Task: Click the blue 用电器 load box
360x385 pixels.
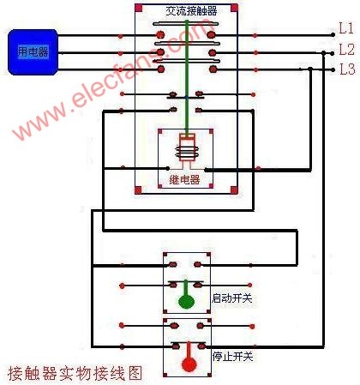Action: pyautogui.click(x=33, y=52)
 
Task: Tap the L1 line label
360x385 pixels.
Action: pyautogui.click(x=346, y=28)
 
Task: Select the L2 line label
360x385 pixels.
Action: pyautogui.click(x=347, y=50)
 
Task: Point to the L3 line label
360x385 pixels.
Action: pyautogui.click(x=347, y=69)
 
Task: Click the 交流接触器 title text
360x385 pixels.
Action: pyautogui.click(x=191, y=11)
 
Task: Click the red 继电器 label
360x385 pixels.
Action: pyautogui.click(x=184, y=180)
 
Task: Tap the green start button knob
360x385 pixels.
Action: pyautogui.click(x=186, y=301)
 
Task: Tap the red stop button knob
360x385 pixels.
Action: pyautogui.click(x=189, y=364)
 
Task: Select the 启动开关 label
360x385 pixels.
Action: pyautogui.click(x=231, y=298)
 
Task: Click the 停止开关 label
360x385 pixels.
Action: pyautogui.click(x=232, y=357)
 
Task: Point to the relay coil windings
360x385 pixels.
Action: pyautogui.click(x=187, y=152)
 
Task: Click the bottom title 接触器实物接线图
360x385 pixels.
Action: pyautogui.click(x=75, y=373)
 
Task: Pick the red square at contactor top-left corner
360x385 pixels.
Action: pyautogui.click(x=139, y=8)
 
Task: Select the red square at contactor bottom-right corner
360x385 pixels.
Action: pyautogui.click(x=234, y=189)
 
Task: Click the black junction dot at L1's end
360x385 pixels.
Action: pyautogui.click(x=333, y=35)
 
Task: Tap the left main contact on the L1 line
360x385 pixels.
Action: pyautogui.click(x=160, y=35)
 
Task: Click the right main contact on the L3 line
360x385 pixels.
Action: pyautogui.click(x=213, y=69)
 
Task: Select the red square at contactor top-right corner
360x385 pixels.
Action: pyautogui.click(x=234, y=8)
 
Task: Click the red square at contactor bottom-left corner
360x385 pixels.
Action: pyautogui.click(x=138, y=190)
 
